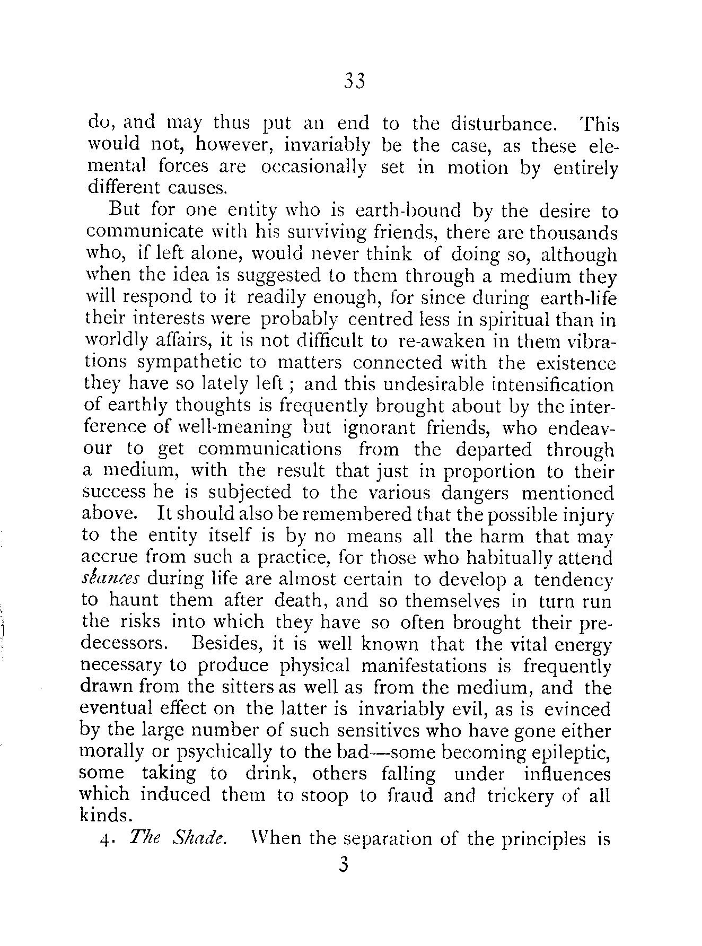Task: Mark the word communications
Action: pyautogui.click(x=270, y=450)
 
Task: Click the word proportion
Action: pyautogui.click(x=489, y=472)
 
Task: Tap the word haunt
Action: pyautogui.click(x=133, y=601)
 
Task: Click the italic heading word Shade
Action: pyautogui.click(x=198, y=839)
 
